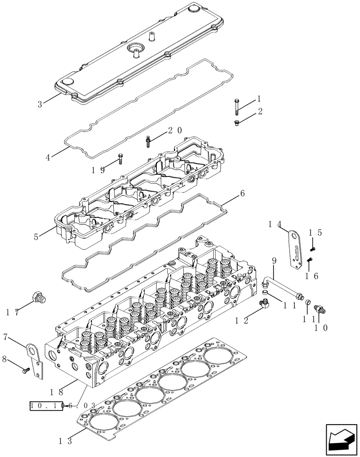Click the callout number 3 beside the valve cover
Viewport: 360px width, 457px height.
point(40,104)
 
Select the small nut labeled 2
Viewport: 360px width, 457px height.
point(236,122)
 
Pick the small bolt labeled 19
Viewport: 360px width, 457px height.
point(120,158)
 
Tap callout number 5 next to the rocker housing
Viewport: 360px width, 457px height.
point(36,237)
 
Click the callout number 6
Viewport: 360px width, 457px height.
point(242,193)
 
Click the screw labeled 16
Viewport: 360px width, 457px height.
point(309,260)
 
